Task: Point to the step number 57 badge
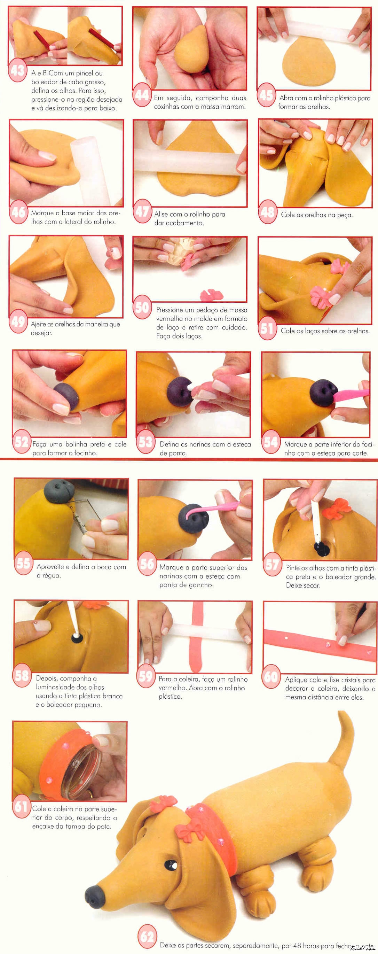pyautogui.click(x=273, y=564)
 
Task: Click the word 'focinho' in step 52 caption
pyautogui.click(x=86, y=453)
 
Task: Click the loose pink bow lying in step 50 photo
pyautogui.click(x=212, y=295)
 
